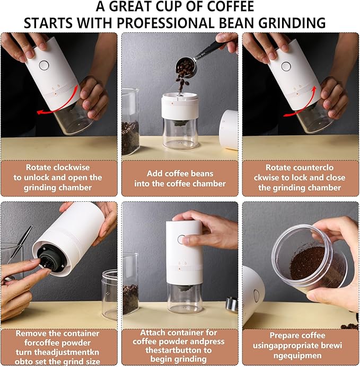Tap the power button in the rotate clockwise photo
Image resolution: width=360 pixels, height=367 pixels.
click(x=43, y=65)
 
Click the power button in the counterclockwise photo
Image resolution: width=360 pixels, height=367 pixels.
click(x=286, y=66)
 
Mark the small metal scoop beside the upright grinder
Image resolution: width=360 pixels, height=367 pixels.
click(x=232, y=304)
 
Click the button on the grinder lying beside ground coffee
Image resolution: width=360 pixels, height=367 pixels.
click(x=256, y=296)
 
